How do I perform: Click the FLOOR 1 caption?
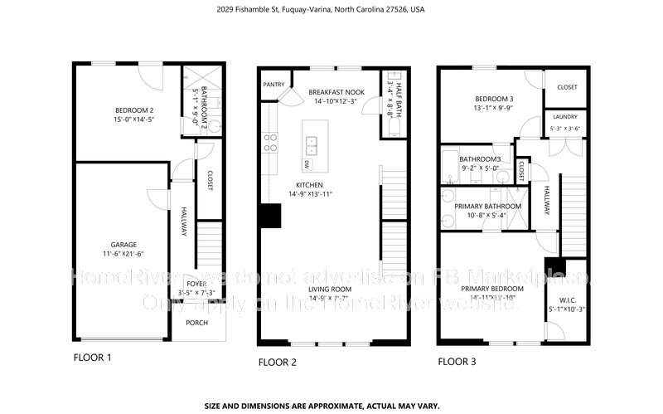coord(91,358)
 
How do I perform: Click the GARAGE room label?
coord(124,245)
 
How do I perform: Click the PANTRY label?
coord(273,84)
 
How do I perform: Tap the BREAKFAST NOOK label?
coord(337,91)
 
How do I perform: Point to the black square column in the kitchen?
coord(269,215)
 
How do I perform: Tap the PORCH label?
coord(197,323)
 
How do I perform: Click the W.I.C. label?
coord(568,300)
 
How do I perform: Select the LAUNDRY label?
coord(564,117)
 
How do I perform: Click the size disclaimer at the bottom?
coord(331,407)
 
